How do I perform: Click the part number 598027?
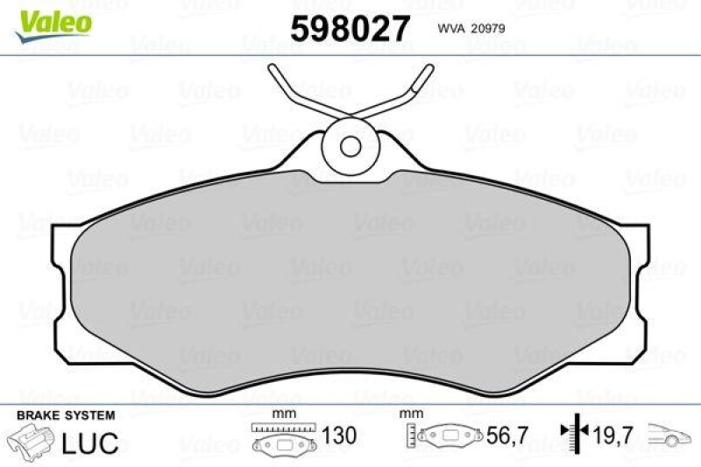(350, 29)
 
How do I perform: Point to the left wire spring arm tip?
(273, 71)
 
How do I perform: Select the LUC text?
(89, 442)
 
